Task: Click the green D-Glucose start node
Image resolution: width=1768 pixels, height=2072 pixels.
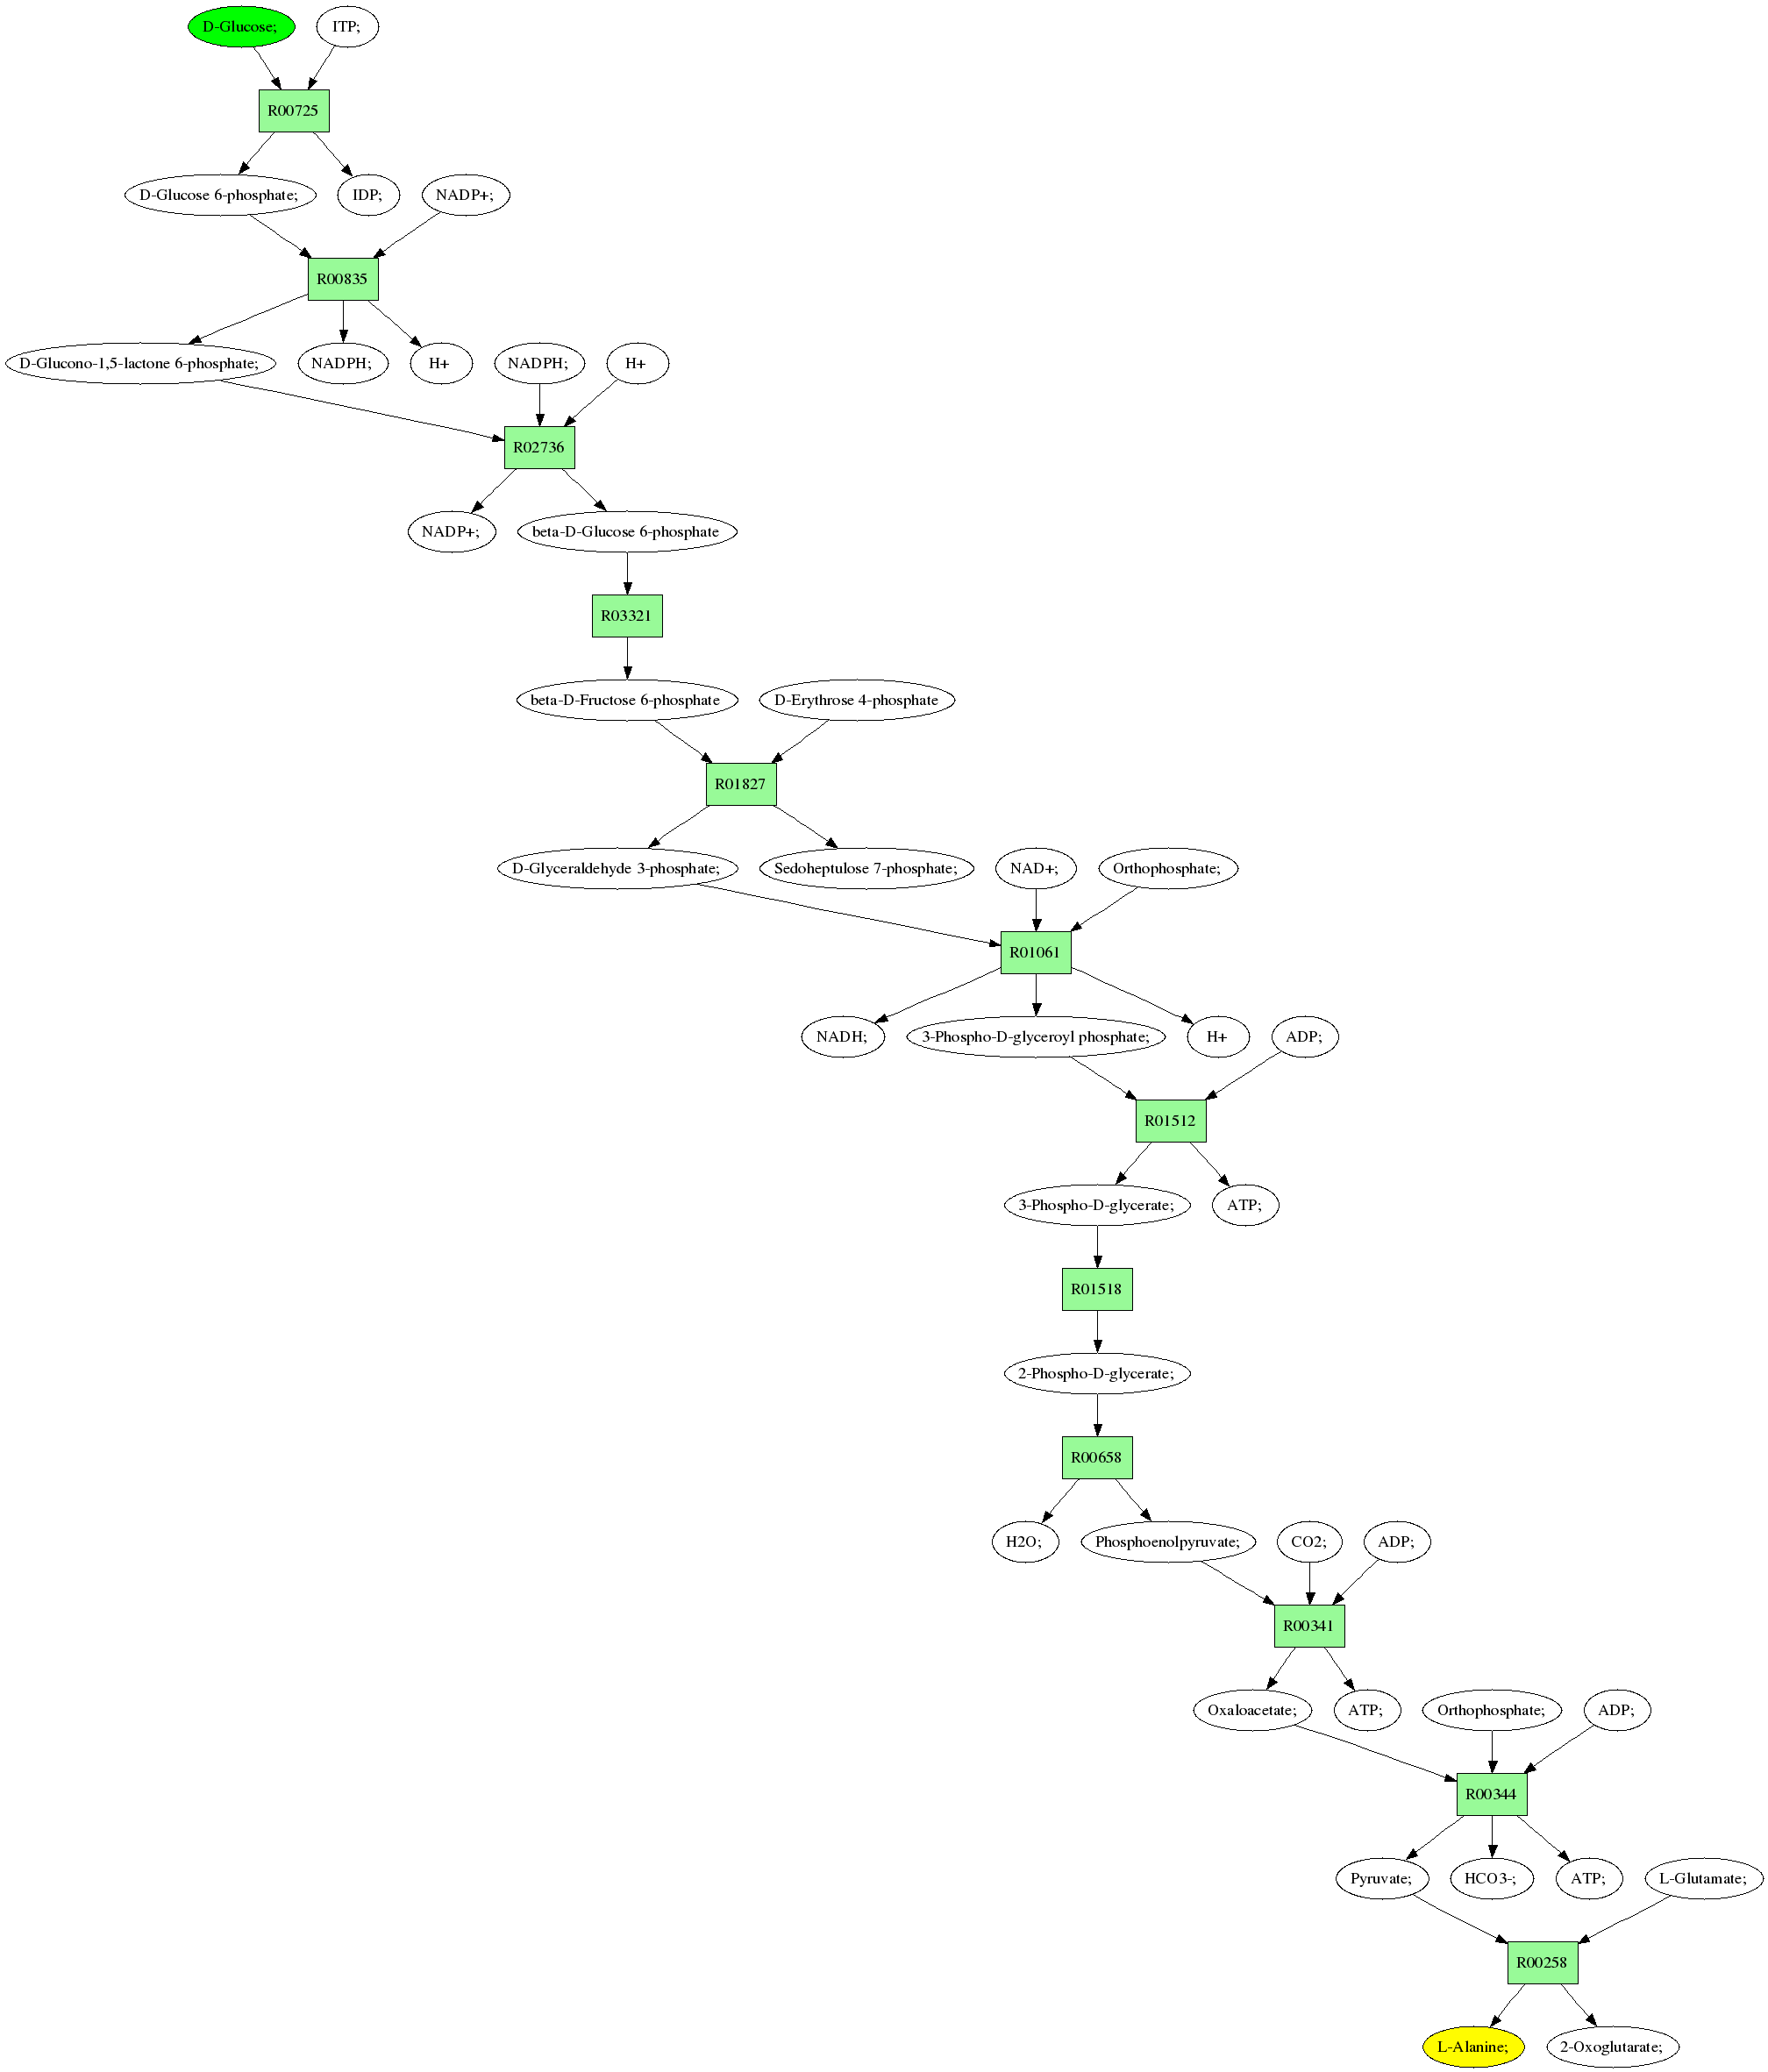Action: (241, 27)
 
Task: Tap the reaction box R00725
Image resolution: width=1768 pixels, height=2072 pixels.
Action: (293, 111)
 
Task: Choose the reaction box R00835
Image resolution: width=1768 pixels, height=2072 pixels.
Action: (342, 279)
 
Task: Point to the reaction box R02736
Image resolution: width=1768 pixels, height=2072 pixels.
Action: (539, 447)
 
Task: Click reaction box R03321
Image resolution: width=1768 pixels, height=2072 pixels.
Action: (627, 616)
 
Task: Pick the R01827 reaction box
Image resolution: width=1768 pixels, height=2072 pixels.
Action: (740, 784)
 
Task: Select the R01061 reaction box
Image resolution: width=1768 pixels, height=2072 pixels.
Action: (1035, 952)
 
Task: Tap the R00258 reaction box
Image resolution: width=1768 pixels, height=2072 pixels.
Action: (1542, 1962)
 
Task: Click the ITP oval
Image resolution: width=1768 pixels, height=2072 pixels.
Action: (347, 27)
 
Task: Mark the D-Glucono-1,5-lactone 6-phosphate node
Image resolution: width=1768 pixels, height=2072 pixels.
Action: (140, 363)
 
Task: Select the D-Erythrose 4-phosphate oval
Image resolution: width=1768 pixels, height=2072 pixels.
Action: (857, 700)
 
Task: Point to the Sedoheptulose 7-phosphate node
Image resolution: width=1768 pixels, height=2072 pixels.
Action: (866, 868)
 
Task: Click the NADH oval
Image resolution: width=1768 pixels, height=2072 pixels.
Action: (842, 1037)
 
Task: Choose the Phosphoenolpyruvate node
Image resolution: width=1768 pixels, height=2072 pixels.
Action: (1167, 1541)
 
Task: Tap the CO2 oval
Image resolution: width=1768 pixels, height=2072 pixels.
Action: (1309, 1541)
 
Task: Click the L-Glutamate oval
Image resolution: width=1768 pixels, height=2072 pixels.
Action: (1703, 1878)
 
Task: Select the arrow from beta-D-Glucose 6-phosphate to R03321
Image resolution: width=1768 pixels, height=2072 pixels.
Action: (627, 573)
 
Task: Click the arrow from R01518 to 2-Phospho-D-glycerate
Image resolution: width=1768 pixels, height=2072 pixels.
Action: (1097, 1331)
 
